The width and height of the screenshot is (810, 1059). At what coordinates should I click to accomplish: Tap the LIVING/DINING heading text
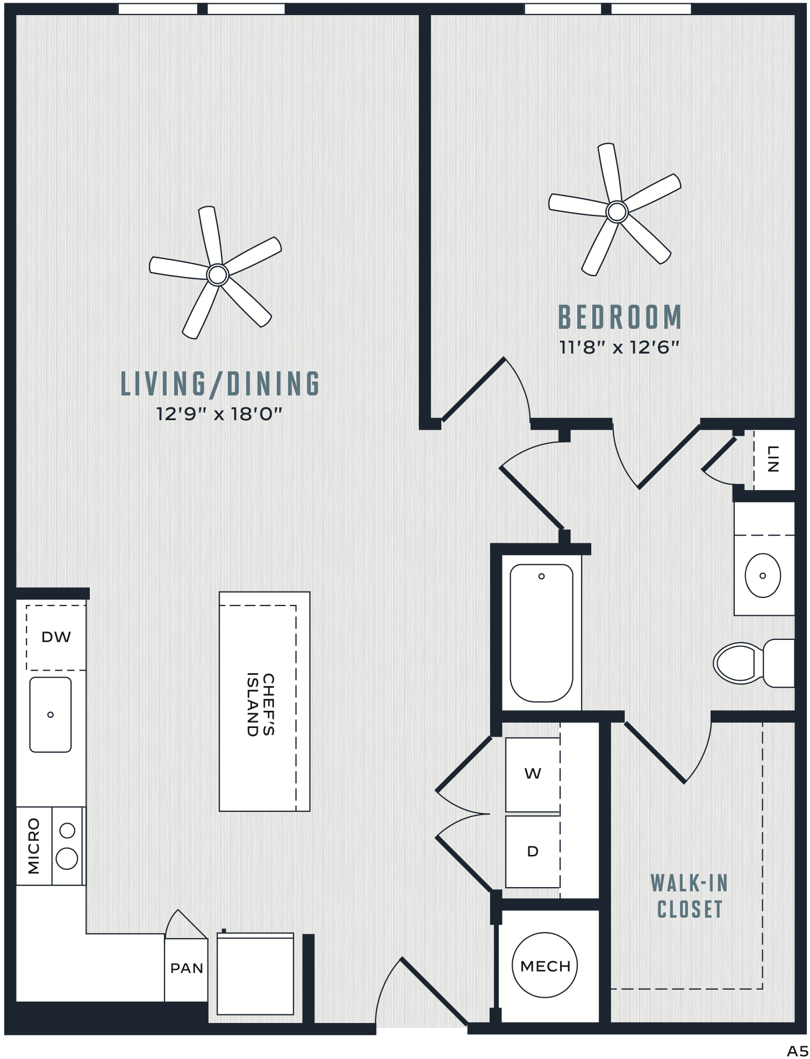point(220,384)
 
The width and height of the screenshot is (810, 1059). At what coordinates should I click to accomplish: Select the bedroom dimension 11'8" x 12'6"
point(620,347)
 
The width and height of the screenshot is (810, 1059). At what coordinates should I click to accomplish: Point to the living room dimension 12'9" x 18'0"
point(219,414)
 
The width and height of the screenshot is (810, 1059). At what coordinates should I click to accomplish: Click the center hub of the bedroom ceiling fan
point(617,212)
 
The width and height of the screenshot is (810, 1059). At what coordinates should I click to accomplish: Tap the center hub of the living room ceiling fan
point(218,275)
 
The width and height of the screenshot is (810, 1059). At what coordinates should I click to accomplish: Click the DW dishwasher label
point(56,637)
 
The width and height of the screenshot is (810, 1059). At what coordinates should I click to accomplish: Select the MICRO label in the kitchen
point(34,846)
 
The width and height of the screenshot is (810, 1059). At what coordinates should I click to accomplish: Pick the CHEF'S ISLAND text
point(261,704)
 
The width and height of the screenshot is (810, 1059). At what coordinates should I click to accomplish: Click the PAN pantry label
point(187,968)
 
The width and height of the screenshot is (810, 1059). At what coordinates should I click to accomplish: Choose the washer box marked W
point(533,774)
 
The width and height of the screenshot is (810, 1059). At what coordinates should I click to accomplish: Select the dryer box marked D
point(533,852)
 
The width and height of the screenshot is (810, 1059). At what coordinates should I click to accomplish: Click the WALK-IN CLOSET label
point(690,896)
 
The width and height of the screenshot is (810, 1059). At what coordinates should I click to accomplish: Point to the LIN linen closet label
point(772,459)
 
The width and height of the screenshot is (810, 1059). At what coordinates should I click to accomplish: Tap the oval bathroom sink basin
point(763,575)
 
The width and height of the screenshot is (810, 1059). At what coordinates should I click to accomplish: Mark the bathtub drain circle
point(541,577)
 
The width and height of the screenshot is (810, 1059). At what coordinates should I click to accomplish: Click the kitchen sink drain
point(51,715)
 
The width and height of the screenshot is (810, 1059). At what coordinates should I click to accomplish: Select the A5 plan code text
point(798,1050)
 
